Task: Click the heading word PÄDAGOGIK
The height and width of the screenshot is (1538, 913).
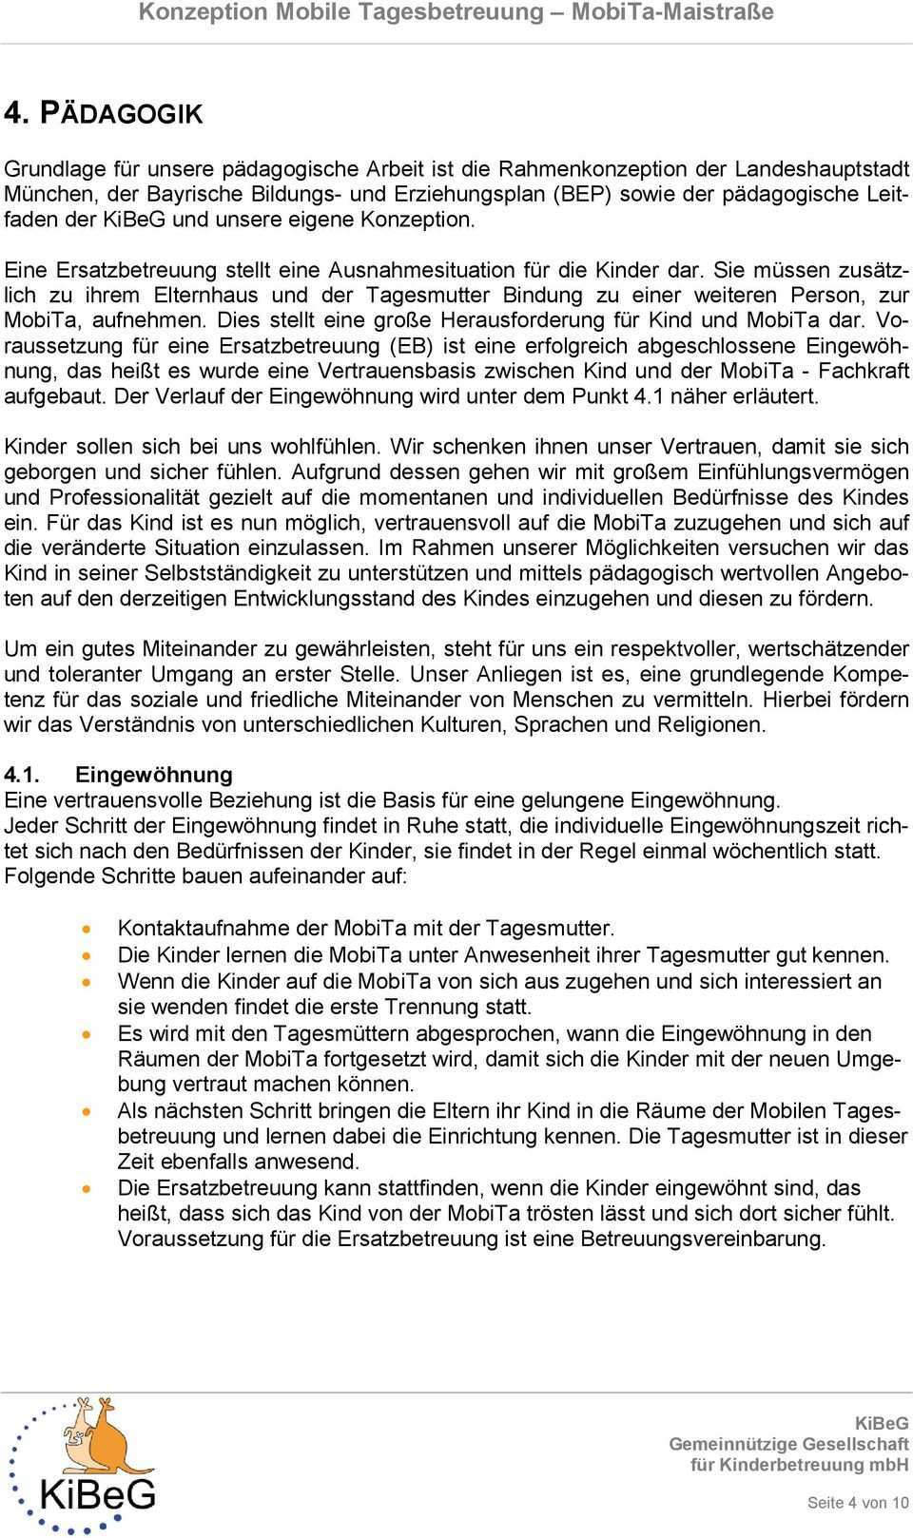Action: (x=120, y=114)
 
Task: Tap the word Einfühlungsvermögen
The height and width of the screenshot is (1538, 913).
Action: (x=800, y=471)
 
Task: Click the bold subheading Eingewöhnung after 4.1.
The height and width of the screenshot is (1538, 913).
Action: (x=154, y=775)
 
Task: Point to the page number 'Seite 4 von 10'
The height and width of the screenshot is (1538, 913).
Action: (x=857, y=1503)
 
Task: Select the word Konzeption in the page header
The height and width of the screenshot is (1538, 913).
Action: (x=202, y=12)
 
